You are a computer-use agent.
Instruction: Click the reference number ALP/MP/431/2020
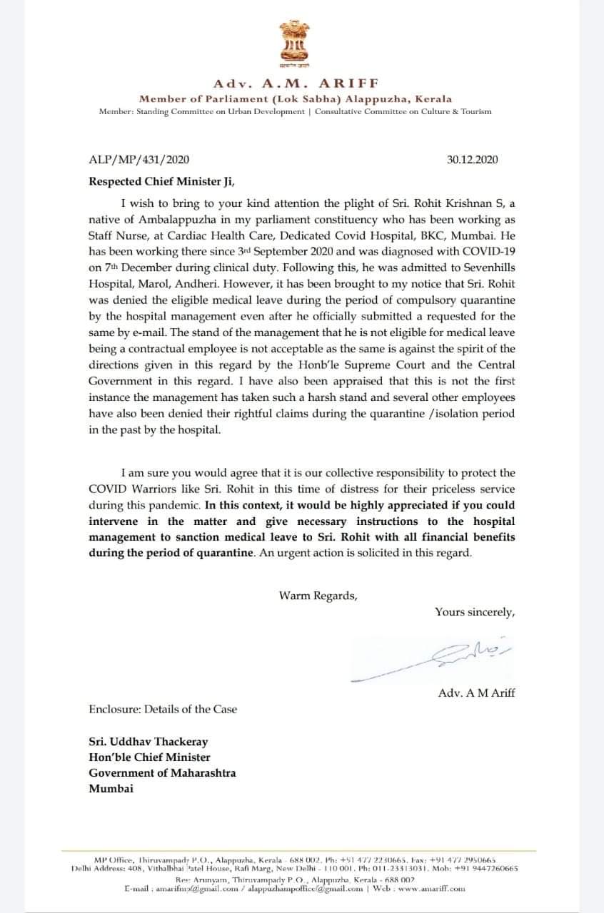(x=139, y=160)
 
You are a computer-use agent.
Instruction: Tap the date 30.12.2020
(x=473, y=160)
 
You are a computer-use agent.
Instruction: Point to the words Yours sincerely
(x=475, y=611)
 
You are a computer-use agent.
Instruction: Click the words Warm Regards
(x=317, y=596)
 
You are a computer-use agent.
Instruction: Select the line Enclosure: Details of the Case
(x=163, y=709)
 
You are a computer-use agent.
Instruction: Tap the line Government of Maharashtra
(x=162, y=772)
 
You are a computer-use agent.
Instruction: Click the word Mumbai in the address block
(x=111, y=788)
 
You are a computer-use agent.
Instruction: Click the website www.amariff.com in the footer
(x=431, y=889)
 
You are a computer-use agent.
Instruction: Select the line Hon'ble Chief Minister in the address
(x=149, y=758)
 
